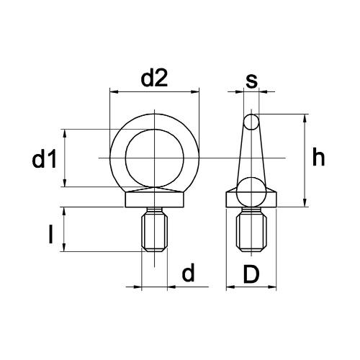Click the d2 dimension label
coord(153,78)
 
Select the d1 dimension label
coord(44,161)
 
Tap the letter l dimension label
coord(50,235)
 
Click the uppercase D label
coord(251,274)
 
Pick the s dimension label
coord(251,81)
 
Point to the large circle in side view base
coord(251,191)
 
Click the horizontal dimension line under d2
coord(154,91)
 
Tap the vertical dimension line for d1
coord(66,158)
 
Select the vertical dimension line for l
coord(66,229)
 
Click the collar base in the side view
coord(251,199)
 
